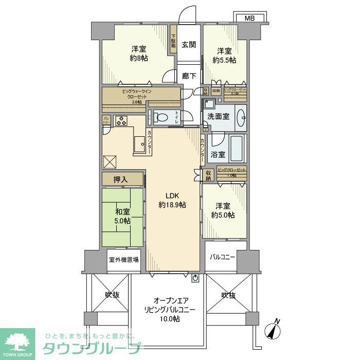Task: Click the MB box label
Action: coord(249,18)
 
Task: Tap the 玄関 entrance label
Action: coord(188,44)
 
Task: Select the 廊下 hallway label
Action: coord(189,76)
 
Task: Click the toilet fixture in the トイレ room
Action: coord(160,118)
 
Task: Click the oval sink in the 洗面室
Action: coord(240,118)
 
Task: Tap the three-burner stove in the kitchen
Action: coord(121,121)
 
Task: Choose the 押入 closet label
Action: coord(122,179)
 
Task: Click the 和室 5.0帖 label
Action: coord(122,216)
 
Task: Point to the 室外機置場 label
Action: coord(124,260)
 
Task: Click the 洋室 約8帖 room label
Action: coord(138,54)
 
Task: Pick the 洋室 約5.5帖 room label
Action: coord(224,56)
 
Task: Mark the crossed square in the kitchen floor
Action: coord(111,162)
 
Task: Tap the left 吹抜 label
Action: coord(112,295)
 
